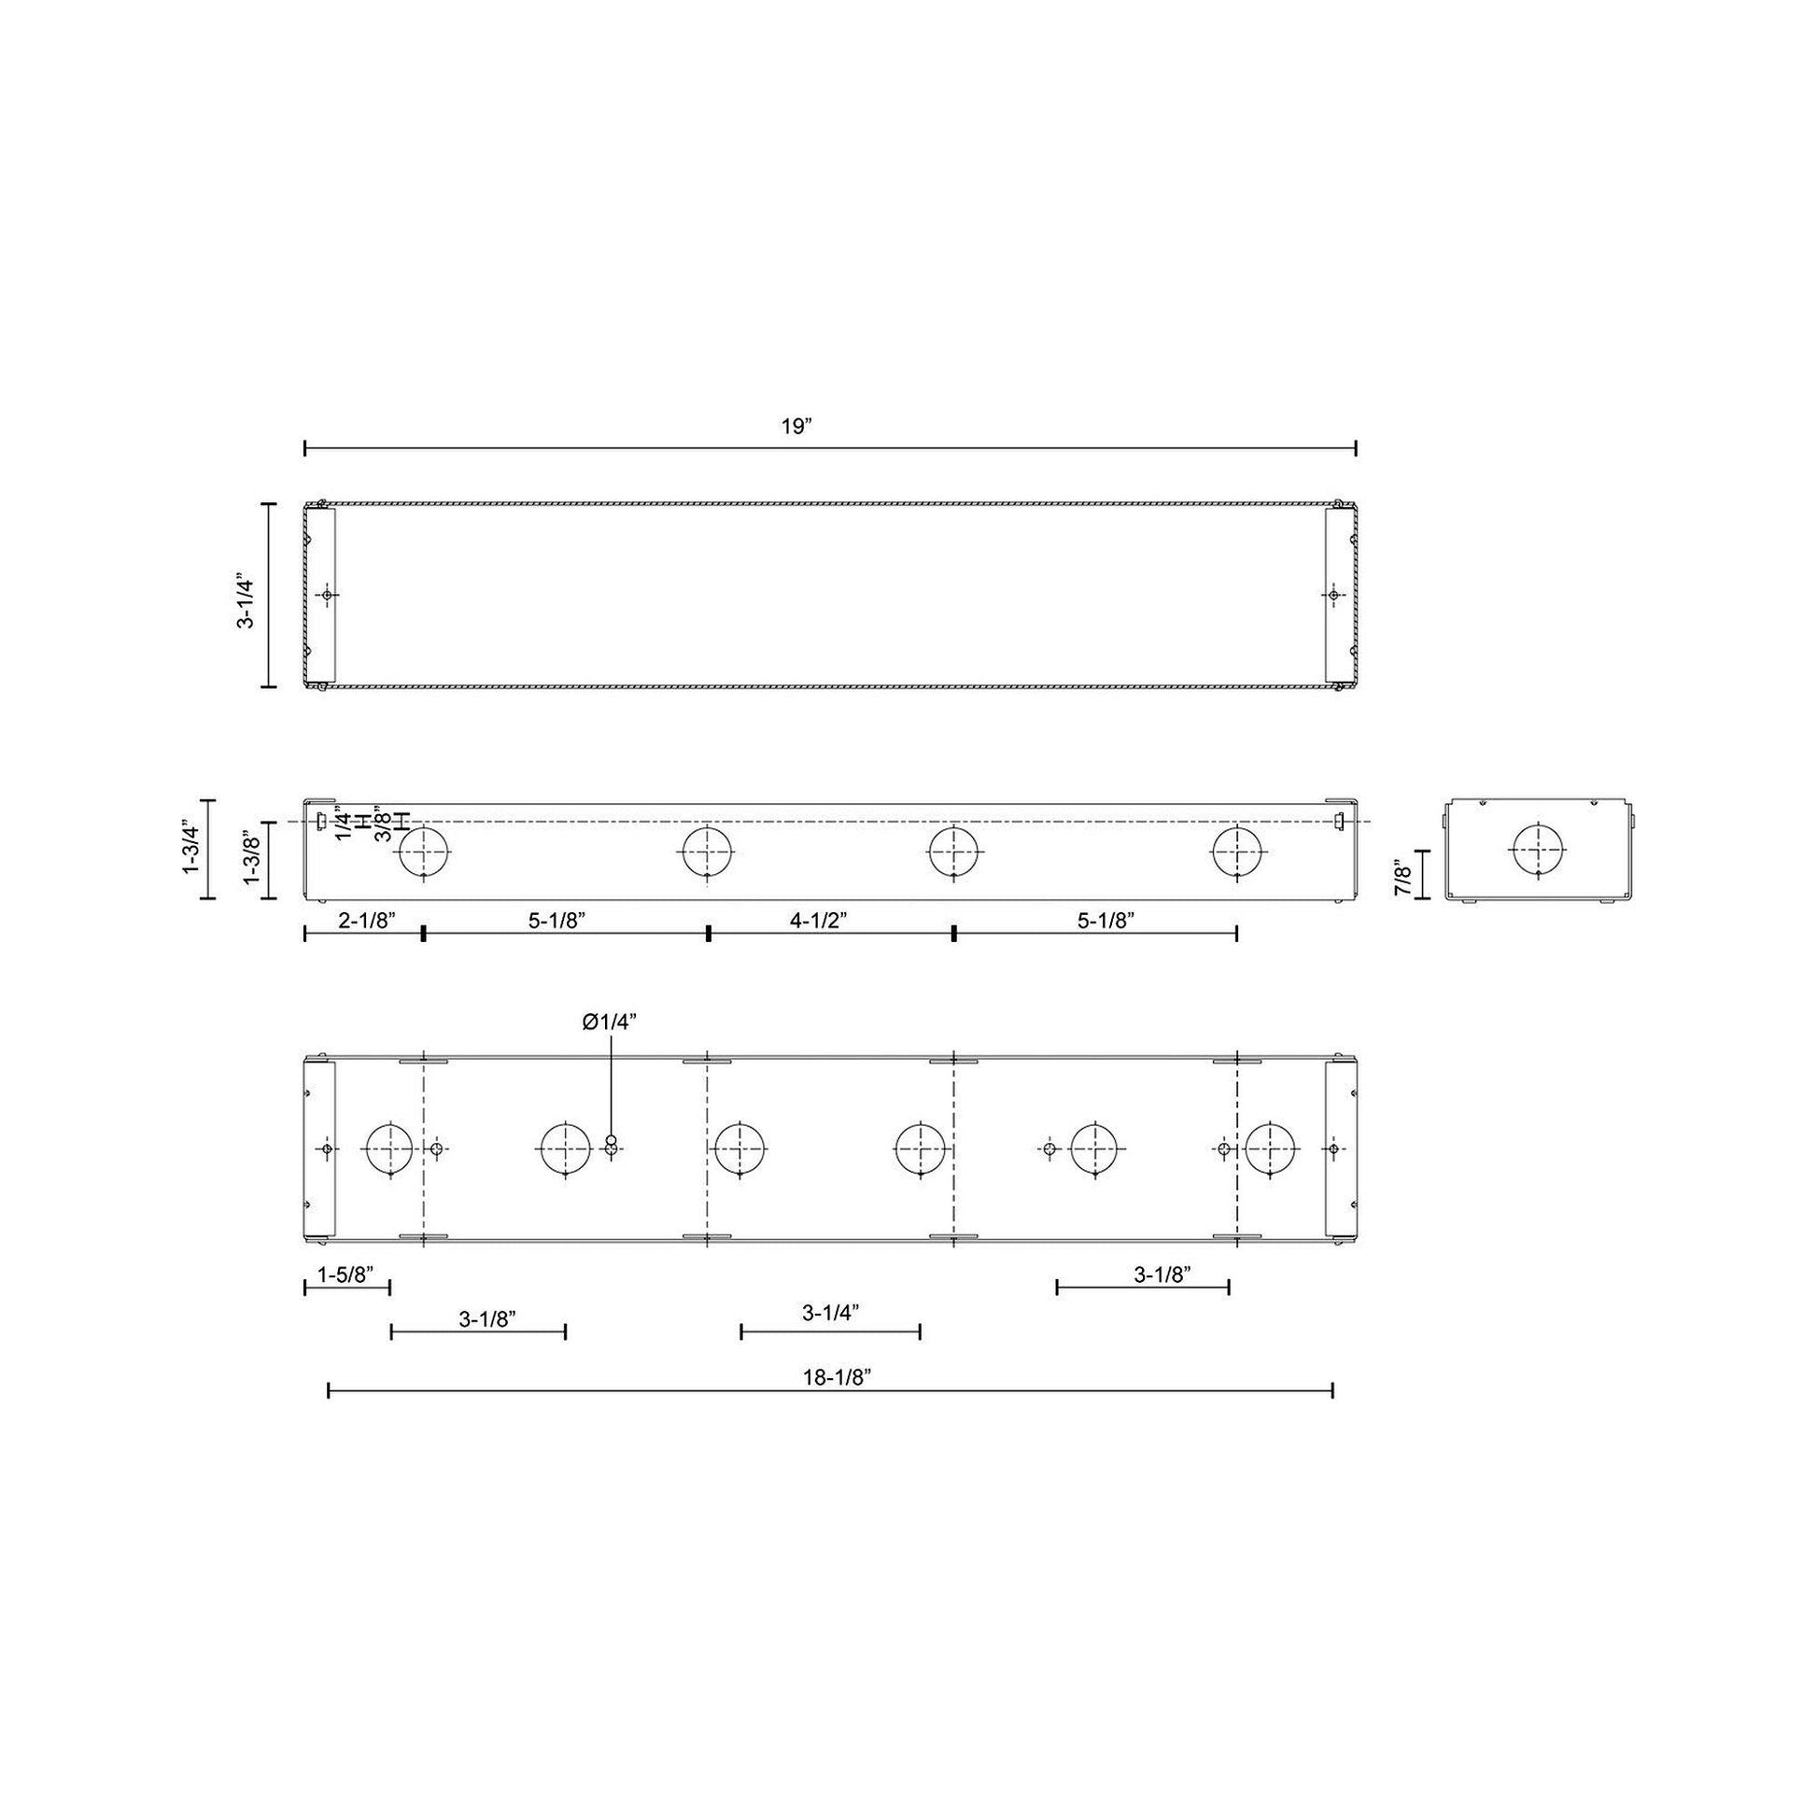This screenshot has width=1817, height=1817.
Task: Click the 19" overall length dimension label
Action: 796,426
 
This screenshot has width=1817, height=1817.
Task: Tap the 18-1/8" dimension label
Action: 838,1378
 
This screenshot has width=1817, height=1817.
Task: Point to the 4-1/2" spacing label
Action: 818,921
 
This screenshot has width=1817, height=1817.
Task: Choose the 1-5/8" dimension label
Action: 345,1275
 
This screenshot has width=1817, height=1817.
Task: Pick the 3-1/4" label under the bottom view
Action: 831,1313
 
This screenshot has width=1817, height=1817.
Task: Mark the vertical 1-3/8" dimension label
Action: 252,858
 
